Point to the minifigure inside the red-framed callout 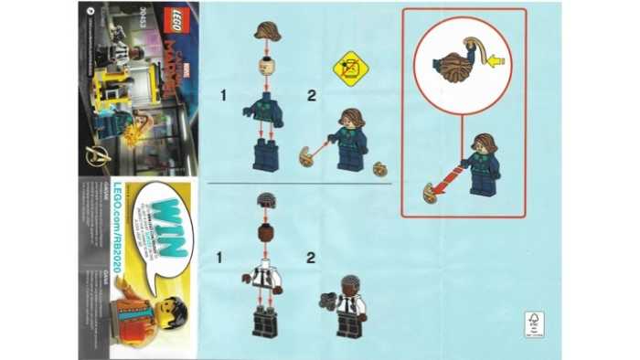tap(476, 165)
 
